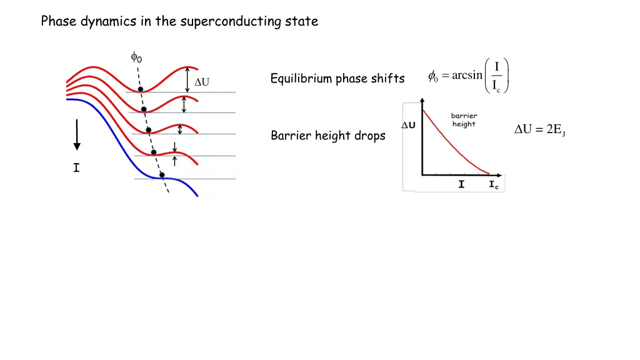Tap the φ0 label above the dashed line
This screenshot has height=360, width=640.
[136, 57]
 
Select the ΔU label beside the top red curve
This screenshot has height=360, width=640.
[202, 82]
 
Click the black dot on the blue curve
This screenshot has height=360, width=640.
[162, 175]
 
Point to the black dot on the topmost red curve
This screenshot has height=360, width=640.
[140, 89]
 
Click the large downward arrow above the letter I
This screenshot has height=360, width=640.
[76, 134]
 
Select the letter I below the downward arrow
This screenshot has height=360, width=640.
[76, 167]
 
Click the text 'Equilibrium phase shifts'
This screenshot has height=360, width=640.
[337, 79]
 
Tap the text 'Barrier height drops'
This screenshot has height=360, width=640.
[328, 136]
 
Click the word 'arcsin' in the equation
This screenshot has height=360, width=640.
[467, 76]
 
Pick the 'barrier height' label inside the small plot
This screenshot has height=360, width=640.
[464, 120]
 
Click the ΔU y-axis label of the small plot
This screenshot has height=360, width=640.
[408, 125]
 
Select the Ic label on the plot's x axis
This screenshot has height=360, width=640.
[494, 185]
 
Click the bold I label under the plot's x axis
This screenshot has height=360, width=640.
[461, 184]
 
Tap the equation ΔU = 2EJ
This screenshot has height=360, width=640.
[539, 130]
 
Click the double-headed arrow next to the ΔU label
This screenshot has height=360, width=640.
[188, 79]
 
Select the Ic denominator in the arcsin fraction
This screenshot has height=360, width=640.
[497, 86]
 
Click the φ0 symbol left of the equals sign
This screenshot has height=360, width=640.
[433, 77]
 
